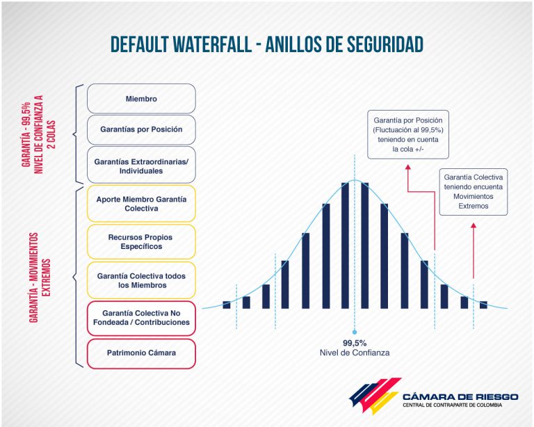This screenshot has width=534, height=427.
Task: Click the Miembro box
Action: coord(141,99)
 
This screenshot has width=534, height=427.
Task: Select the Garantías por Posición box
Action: coord(141,130)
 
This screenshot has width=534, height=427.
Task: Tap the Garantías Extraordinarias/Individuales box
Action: coord(141,165)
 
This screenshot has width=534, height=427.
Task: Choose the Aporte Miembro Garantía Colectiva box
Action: coord(141,204)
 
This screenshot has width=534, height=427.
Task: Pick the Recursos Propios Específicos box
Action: coord(141,242)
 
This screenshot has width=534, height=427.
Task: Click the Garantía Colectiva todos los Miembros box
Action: coord(141,280)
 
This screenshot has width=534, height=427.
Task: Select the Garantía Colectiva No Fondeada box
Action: coord(141,318)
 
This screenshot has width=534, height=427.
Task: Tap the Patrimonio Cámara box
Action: coord(141,353)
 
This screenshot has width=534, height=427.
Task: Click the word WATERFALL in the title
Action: coord(212,45)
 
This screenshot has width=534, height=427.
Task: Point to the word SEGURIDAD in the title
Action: coord(385,45)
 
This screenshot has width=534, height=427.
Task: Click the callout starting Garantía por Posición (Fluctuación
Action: coord(408,134)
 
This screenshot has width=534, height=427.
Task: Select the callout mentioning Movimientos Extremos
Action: coord(474,192)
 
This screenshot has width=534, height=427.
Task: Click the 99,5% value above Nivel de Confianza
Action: coord(355,343)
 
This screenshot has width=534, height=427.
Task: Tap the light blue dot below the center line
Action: coord(355,332)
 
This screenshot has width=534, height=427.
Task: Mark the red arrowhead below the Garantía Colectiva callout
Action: coord(474,226)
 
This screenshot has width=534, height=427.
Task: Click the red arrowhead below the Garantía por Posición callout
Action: coord(408,167)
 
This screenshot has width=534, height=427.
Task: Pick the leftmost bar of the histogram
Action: coord(227,305)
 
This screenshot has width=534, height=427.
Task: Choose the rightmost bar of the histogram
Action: coord(483,305)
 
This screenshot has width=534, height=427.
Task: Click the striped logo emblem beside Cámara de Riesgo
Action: coord(375,396)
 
